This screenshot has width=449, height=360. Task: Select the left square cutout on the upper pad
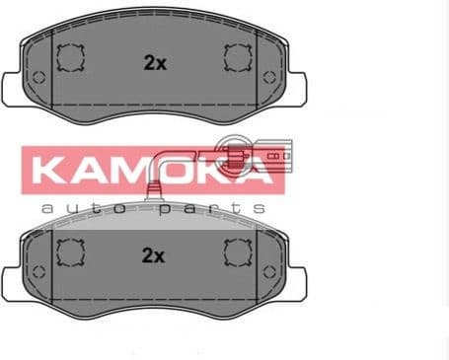69,60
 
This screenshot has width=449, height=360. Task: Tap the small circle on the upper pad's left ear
37,79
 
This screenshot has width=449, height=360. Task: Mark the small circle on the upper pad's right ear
268,77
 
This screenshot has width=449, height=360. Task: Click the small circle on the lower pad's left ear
37,271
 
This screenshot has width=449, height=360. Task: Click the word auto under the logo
84,208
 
